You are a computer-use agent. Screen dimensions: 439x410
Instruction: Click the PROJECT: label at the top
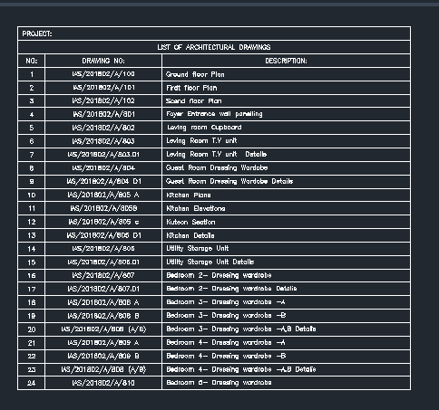[38, 33]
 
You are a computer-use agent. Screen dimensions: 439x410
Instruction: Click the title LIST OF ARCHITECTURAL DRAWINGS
[214, 47]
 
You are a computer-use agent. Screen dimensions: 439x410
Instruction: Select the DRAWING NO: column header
[103, 60]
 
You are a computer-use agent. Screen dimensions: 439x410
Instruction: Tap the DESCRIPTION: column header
[286, 60]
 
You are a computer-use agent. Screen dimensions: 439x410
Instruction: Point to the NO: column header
[32, 60]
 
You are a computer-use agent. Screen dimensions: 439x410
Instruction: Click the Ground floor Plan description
[193, 73]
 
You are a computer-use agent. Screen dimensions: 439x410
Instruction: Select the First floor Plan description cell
[190, 87]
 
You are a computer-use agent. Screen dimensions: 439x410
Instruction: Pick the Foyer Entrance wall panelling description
[213, 114]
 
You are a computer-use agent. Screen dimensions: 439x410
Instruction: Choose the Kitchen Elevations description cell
[195, 208]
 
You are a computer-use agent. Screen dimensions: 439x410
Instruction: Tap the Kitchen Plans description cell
[188, 195]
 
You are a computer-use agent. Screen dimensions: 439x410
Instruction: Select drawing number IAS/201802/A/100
[103, 73]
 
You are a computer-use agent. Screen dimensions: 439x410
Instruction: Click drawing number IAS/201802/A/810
[103, 383]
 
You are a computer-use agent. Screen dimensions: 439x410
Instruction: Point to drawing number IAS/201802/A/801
[103, 114]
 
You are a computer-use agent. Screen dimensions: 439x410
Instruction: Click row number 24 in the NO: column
[32, 383]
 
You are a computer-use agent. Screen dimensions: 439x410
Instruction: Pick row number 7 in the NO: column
[32, 154]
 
